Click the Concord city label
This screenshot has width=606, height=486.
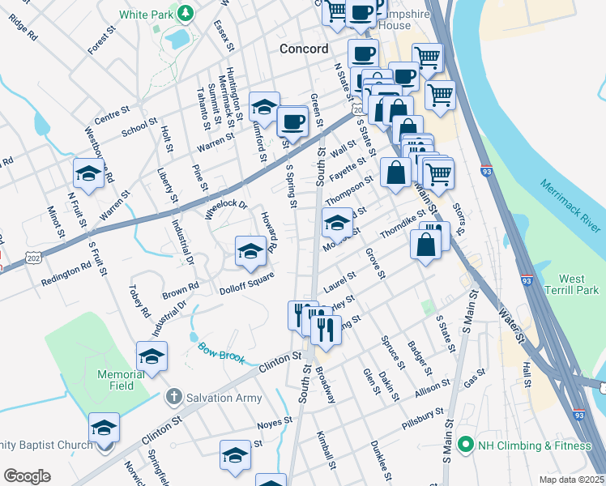click(x=304, y=49)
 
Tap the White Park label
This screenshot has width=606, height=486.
click(x=147, y=15)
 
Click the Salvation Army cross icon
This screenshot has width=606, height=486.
click(x=172, y=398)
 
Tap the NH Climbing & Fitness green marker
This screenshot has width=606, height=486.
click(x=465, y=444)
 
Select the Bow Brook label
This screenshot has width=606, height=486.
click(x=220, y=352)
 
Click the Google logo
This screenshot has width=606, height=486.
click(x=27, y=476)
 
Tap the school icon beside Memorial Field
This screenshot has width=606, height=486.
click(x=151, y=356)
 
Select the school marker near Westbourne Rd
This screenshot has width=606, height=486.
click(x=88, y=173)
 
